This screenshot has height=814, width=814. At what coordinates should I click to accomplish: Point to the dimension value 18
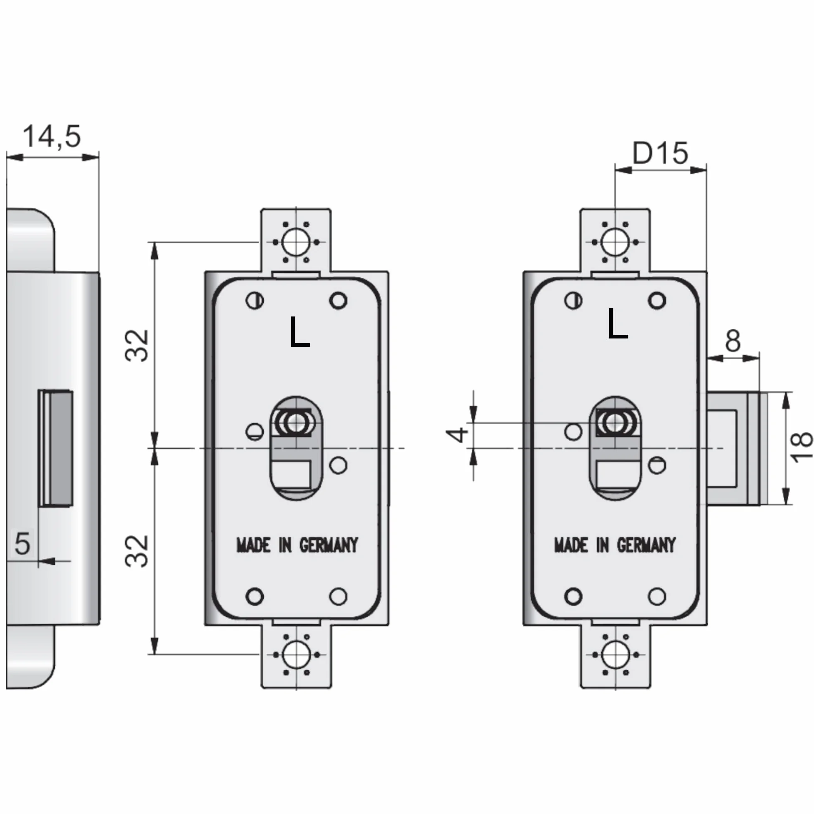tap(801, 447)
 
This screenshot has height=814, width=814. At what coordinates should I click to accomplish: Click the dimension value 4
tap(457, 435)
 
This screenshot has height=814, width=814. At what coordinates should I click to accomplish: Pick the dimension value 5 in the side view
tap(22, 543)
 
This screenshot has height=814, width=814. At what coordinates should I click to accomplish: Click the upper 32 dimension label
tap(137, 346)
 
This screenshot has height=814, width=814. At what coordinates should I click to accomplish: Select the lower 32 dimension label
tap(137, 551)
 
